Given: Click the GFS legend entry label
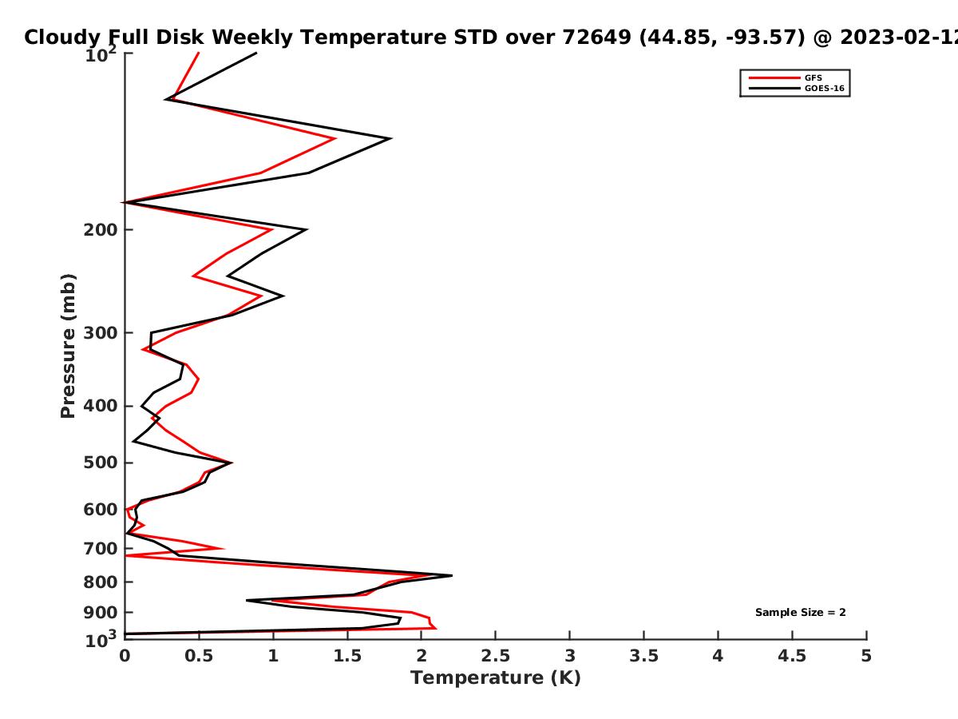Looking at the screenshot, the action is pyautogui.click(x=813, y=77).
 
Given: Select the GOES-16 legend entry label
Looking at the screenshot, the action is pyautogui.click(x=825, y=88).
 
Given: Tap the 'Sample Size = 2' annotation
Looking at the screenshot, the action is pyautogui.click(x=801, y=613).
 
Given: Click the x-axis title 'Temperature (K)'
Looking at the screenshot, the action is pyautogui.click(x=496, y=678).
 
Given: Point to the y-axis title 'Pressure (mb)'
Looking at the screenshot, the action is pyautogui.click(x=68, y=346).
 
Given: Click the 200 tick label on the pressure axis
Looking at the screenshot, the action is pyautogui.click(x=101, y=230).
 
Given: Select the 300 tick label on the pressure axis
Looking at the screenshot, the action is pyautogui.click(x=101, y=333).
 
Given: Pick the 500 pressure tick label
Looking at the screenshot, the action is pyautogui.click(x=101, y=463).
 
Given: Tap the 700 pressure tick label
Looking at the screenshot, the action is pyautogui.click(x=101, y=549).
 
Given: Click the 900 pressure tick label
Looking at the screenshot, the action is pyautogui.click(x=101, y=613).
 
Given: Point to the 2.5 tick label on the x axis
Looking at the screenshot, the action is pyautogui.click(x=496, y=656).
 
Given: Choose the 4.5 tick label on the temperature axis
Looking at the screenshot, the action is pyautogui.click(x=792, y=656).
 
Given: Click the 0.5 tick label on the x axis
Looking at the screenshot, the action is pyautogui.click(x=199, y=656).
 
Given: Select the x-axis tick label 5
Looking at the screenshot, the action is pyautogui.click(x=866, y=656).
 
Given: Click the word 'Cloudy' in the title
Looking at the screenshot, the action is pyautogui.click(x=63, y=38).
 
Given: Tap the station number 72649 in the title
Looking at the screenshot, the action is pyautogui.click(x=596, y=37).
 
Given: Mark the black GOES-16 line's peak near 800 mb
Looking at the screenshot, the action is pyautogui.click(x=452, y=576).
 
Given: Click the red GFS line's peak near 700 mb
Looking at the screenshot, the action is pyautogui.click(x=223, y=549).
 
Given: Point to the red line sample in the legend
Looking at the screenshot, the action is pyautogui.click(x=774, y=77).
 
